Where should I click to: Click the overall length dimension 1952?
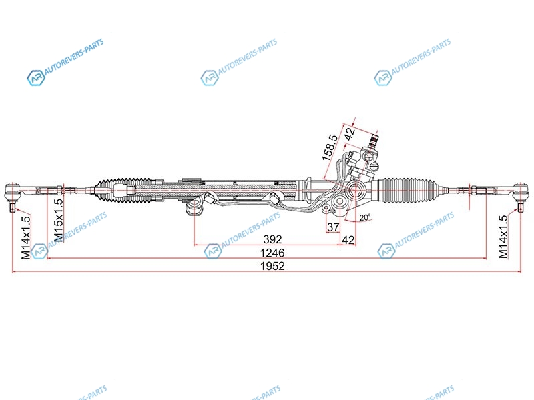(x=272, y=265)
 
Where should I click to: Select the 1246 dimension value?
(x=272, y=253)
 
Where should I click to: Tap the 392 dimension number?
(x=272, y=239)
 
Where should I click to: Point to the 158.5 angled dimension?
(x=330, y=147)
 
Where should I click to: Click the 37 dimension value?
(x=333, y=227)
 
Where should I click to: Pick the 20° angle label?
(x=365, y=217)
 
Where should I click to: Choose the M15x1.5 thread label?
(x=59, y=220)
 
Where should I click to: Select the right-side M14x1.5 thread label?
(x=503, y=237)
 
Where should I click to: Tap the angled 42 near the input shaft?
(x=350, y=133)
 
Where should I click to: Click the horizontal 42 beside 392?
(x=348, y=240)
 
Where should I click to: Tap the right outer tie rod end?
(x=520, y=193)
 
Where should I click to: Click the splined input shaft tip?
(x=374, y=139)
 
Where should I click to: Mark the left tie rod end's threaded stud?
(x=13, y=207)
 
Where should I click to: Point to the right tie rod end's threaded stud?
(x=520, y=207)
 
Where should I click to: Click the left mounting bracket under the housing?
(x=194, y=207)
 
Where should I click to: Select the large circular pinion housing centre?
(x=355, y=190)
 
